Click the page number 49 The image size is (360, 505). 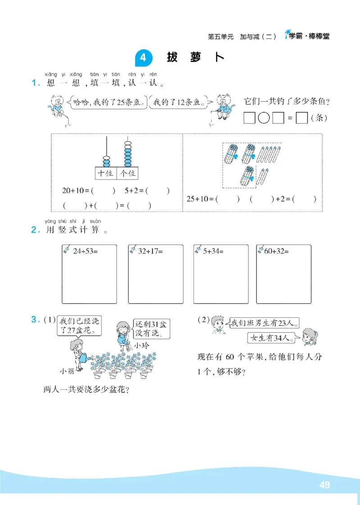pyautogui.click(x=324, y=485)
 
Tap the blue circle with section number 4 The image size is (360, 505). pyautogui.click(x=144, y=58)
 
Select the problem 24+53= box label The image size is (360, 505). pyautogui.click(x=85, y=251)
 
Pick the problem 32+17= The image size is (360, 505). pyautogui.click(x=151, y=251)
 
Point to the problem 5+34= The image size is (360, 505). pyautogui.click(x=213, y=251)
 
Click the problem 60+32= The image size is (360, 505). pyautogui.click(x=276, y=251)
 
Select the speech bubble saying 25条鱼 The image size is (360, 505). pyautogui.click(x=109, y=102)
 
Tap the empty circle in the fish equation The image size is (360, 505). pyautogui.click(x=265, y=118)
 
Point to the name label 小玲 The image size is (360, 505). pyautogui.click(x=140, y=346)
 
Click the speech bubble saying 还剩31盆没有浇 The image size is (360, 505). pyautogui.click(x=152, y=329)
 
